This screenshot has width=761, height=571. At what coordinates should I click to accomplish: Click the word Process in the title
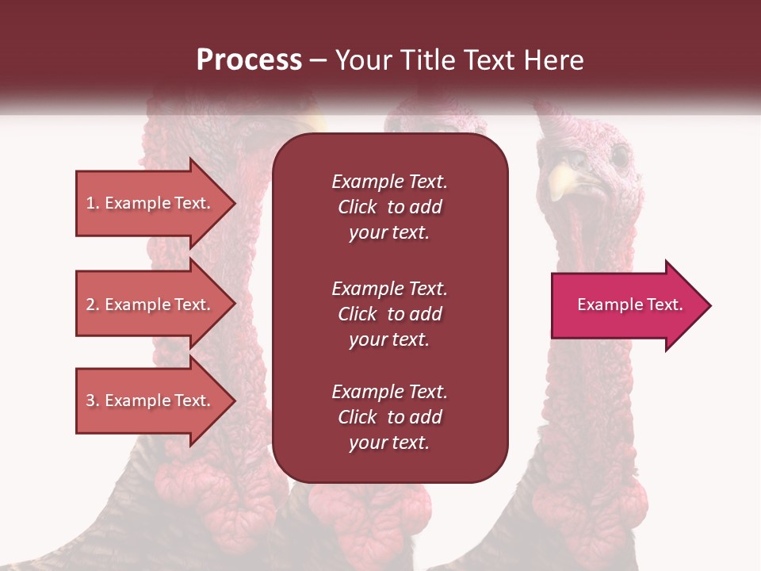coord(249,60)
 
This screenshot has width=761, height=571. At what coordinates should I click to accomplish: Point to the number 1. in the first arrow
coord(93,203)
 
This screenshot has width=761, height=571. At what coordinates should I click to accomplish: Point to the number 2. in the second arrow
coord(93,305)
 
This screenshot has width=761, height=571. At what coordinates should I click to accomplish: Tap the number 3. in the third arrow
coord(93,400)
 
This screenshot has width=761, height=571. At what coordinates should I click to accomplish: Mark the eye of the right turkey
coord(619,155)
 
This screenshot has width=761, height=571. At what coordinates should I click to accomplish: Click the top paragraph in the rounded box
coord(389,207)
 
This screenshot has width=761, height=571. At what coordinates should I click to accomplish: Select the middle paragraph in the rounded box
coord(389,314)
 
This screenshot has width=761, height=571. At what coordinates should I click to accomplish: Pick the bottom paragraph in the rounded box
coord(389,417)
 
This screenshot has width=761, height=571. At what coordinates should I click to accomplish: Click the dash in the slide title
coord(319,61)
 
